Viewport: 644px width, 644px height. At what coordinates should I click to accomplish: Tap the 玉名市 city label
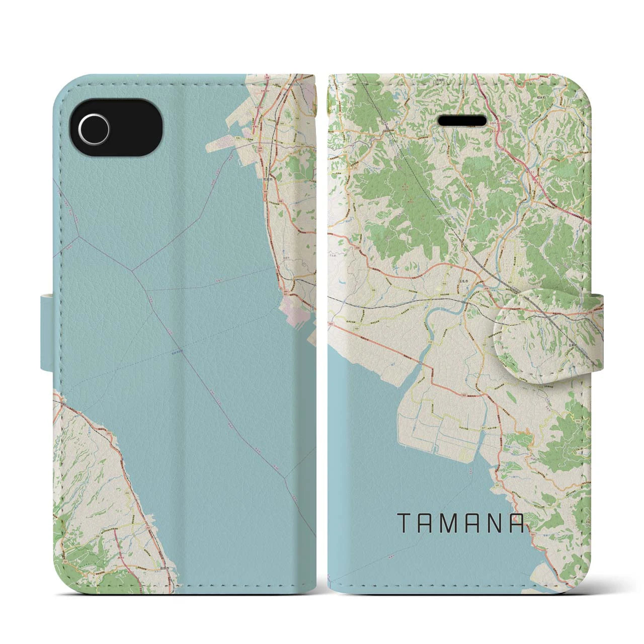464,283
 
